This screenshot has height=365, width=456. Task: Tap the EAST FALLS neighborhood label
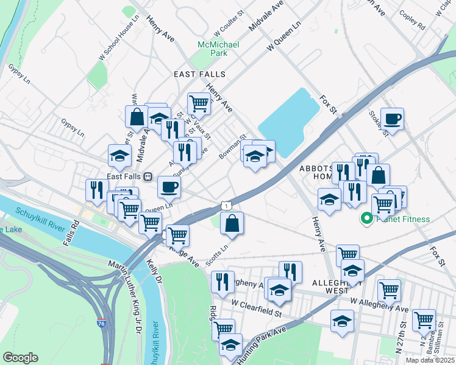199,74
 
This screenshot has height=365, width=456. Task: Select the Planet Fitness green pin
367,218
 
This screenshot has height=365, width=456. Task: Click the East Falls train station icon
148,176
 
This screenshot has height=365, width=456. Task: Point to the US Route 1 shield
226,207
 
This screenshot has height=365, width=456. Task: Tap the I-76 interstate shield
101,318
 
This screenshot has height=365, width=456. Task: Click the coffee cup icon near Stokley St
392,119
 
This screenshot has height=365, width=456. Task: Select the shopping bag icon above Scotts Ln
232,223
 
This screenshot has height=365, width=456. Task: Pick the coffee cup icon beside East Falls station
169,187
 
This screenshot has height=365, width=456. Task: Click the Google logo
20,358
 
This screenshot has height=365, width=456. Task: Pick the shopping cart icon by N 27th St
424,319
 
